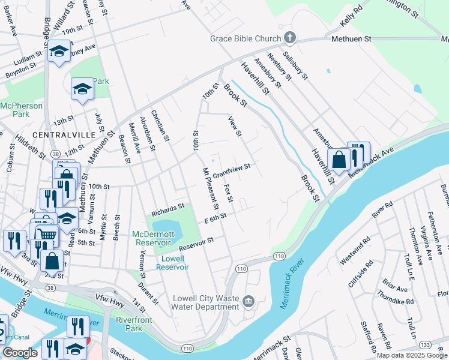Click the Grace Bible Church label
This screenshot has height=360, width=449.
click(x=245, y=39)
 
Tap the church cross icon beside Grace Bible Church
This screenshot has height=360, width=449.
click(x=289, y=39)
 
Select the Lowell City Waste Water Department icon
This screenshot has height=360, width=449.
click(x=249, y=300)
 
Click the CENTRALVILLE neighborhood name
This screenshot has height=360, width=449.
click(x=64, y=134)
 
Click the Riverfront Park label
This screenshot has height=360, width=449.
click(x=128, y=325)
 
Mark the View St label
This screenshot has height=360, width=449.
click(x=234, y=126)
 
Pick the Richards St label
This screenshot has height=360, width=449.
click(x=167, y=209)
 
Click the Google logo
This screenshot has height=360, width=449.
click(x=20, y=353)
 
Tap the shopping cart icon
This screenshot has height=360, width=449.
click(x=47, y=234)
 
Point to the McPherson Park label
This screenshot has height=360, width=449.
click(x=14, y=109)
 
